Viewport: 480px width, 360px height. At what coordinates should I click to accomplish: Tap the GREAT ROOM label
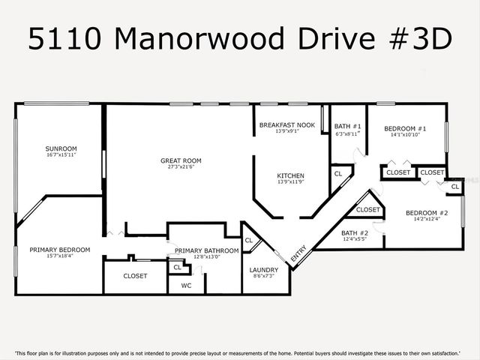point(181,160)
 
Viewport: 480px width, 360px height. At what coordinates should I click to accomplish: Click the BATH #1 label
point(348,126)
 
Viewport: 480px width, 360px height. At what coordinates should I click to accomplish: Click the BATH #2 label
point(355,232)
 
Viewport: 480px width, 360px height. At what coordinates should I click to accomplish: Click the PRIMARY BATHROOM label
point(207,250)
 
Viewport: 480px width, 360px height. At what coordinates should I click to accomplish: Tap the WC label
point(186,286)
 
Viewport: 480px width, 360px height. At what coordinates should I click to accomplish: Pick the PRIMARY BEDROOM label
point(60,250)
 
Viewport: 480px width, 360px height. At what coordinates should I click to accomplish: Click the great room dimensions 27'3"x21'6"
point(181,167)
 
